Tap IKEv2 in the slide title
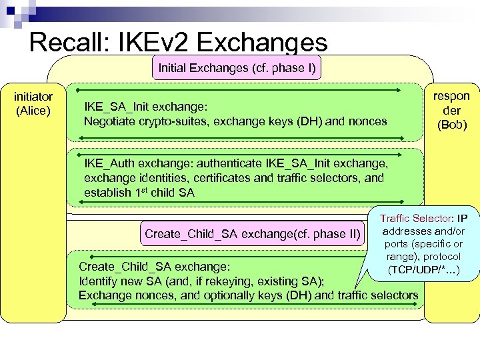[153, 43]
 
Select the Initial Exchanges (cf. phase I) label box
[237, 67]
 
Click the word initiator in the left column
[33, 97]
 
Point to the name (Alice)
[33, 110]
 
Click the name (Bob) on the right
[452, 125]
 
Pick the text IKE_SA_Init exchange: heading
[146, 107]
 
